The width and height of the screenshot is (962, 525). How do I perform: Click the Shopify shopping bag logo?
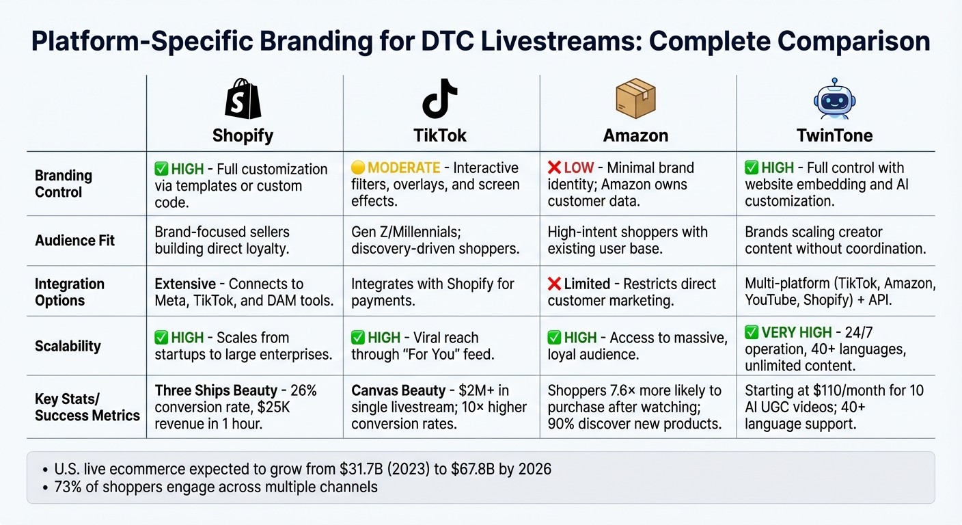[243, 100]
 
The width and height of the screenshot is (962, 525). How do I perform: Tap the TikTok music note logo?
[439, 100]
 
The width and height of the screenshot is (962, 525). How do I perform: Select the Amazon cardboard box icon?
[635, 100]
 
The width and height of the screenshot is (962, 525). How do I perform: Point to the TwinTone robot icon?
[834, 100]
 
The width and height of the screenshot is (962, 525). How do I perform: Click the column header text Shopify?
[243, 135]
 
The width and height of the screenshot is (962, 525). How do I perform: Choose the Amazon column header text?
[635, 135]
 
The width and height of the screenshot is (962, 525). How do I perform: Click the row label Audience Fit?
[75, 241]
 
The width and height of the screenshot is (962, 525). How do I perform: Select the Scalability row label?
[68, 347]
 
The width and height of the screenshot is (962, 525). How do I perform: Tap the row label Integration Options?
[70, 293]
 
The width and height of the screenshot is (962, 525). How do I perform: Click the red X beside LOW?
[554, 168]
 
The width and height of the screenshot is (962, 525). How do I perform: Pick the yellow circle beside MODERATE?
[358, 168]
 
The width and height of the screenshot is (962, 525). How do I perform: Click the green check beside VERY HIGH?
[752, 333]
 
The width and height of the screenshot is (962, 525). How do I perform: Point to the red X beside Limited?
[554, 284]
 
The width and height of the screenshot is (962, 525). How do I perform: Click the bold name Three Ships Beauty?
[216, 391]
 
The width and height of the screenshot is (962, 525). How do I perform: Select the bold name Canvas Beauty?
[398, 391]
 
